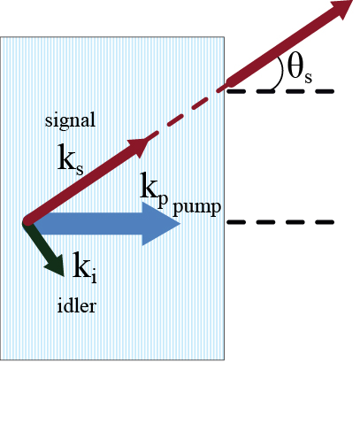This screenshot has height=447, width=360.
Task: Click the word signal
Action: [x=70, y=120]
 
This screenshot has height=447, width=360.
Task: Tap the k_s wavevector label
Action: [x=71, y=159]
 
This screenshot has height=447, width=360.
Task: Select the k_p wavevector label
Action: [x=154, y=189]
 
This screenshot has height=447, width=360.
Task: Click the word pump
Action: [x=196, y=207]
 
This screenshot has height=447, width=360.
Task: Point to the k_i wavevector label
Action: [x=85, y=267]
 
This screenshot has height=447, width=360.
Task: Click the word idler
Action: [x=77, y=305]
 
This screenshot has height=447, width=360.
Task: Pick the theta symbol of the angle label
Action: [x=295, y=66]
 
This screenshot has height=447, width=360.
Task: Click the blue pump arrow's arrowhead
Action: [x=161, y=223]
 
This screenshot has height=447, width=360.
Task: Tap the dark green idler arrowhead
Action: [x=56, y=265]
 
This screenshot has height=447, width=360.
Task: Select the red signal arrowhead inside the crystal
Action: [x=139, y=146]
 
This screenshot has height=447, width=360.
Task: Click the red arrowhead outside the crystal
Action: [x=342, y=9]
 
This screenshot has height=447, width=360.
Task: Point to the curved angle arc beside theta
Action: [x=279, y=73]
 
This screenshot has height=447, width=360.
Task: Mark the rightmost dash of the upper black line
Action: [x=325, y=91]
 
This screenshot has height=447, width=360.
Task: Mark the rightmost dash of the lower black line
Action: [x=325, y=222]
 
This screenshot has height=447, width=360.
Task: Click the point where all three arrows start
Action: [x=28, y=221]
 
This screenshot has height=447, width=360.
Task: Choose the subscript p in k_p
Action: [x=163, y=201]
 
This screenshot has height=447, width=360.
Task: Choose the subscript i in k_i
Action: [x=94, y=277]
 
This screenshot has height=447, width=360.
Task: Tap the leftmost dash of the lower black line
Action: [x=236, y=222]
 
